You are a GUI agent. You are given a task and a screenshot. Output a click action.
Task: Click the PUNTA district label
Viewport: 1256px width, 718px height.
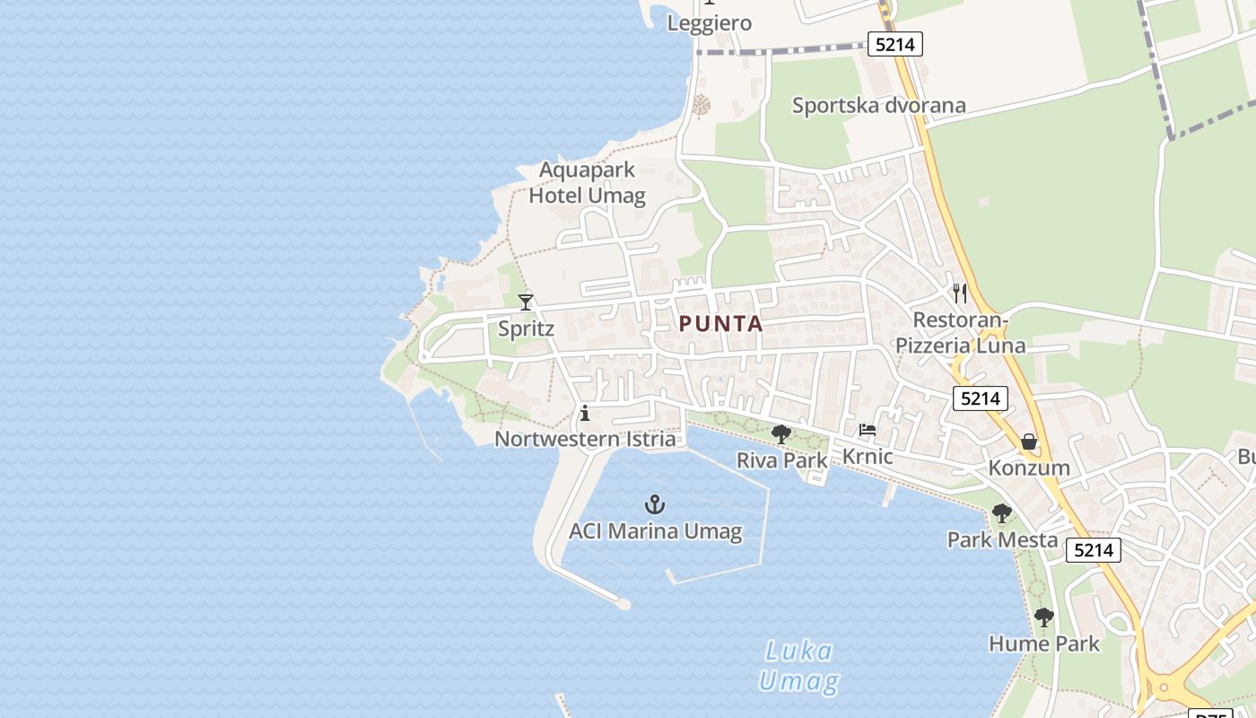click(x=720, y=324)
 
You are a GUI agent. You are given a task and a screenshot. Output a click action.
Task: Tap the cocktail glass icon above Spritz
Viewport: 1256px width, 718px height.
click(x=526, y=302)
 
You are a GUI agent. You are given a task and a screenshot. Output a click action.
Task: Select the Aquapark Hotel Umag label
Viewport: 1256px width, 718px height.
click(x=587, y=183)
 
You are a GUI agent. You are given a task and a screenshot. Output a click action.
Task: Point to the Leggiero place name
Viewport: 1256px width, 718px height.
click(x=709, y=23)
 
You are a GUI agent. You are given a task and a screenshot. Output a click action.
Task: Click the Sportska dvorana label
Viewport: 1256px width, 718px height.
click(x=878, y=106)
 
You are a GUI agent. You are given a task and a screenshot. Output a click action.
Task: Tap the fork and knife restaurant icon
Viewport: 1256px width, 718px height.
click(x=960, y=293)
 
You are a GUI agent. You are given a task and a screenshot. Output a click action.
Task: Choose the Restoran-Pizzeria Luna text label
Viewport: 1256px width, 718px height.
click(x=960, y=333)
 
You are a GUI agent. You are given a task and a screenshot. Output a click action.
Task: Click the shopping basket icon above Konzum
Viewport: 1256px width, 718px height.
click(x=1029, y=442)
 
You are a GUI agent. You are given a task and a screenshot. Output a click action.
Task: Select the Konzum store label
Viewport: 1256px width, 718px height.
click(x=1029, y=468)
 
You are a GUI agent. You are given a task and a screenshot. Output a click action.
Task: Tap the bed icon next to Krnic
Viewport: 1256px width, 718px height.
click(x=868, y=430)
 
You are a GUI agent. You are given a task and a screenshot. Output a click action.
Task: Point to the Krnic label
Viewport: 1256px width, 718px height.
click(x=868, y=457)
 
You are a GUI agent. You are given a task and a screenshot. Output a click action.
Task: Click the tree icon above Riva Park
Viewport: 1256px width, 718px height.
click(x=781, y=434)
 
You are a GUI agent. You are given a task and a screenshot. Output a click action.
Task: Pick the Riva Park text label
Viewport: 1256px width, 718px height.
click(x=781, y=460)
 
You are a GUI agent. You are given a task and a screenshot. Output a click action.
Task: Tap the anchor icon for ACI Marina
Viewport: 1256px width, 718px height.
click(x=655, y=504)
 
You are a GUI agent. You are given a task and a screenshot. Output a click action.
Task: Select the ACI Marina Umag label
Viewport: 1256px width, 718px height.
click(x=655, y=531)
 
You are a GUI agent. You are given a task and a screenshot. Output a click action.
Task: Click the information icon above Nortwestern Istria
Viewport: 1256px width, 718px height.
click(x=585, y=413)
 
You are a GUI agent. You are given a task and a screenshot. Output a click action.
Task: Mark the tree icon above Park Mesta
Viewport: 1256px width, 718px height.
click(x=1002, y=513)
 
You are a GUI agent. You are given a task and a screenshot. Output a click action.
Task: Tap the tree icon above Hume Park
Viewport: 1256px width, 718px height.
click(x=1043, y=617)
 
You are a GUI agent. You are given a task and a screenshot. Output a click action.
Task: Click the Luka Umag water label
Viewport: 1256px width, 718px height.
click(x=798, y=666)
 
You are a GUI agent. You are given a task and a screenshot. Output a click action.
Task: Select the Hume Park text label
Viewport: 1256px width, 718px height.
click(x=1043, y=644)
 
